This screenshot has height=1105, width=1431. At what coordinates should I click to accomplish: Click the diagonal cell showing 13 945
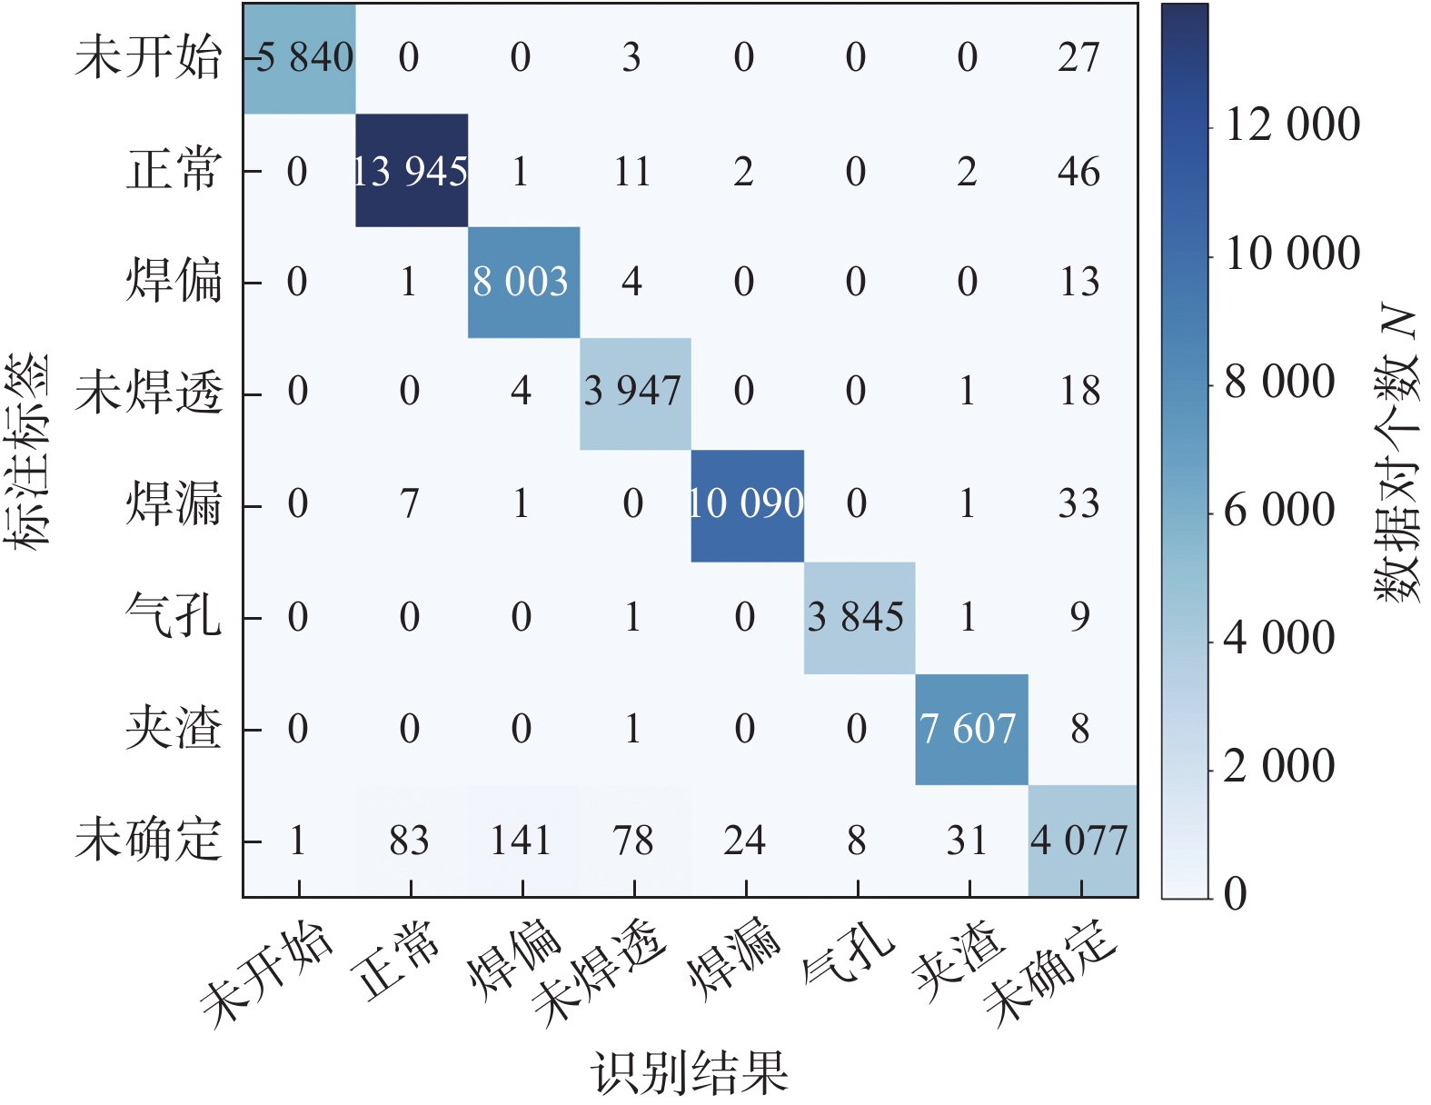coord(411,171)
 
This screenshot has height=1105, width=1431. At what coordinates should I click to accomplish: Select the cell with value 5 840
coord(300,58)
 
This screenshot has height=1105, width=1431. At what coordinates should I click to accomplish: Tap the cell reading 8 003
coord(522,282)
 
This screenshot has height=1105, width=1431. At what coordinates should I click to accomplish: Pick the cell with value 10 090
coord(746,504)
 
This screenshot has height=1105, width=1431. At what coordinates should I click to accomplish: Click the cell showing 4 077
coord(1080,841)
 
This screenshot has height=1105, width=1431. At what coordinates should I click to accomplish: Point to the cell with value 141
coord(522,841)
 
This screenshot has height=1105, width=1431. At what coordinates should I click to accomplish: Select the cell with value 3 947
coord(634,393)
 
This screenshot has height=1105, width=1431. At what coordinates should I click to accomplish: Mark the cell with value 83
coord(410,841)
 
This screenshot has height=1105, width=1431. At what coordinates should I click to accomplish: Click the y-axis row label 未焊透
coord(149,393)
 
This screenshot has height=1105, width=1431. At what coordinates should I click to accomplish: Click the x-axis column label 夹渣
coord(959,963)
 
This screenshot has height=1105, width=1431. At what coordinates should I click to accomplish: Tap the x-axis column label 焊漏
coord(734,963)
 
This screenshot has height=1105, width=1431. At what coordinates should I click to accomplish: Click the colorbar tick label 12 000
coord(1292,124)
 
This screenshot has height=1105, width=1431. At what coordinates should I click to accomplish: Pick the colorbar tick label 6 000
coord(1279,510)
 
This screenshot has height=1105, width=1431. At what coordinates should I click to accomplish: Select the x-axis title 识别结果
coord(690,1072)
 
